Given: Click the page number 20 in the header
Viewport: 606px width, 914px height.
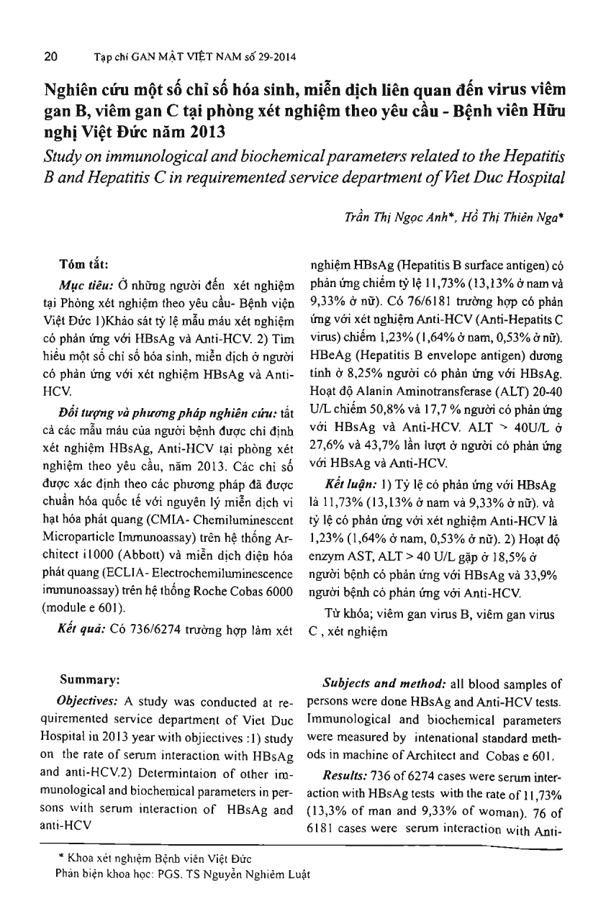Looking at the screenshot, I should [51, 56].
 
